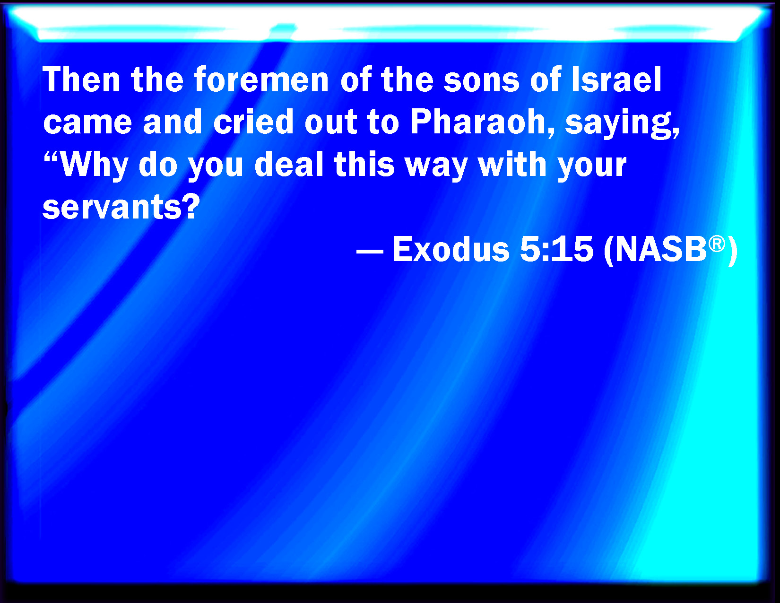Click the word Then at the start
pos(81,79)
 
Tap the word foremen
pos(261,79)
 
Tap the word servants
pos(113,208)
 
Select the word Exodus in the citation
pos(451,249)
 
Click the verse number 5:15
pos(556,249)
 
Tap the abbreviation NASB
pos(661,249)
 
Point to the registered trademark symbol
pos(717,244)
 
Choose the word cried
pos(253,122)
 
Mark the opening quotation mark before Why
pos(52,157)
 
